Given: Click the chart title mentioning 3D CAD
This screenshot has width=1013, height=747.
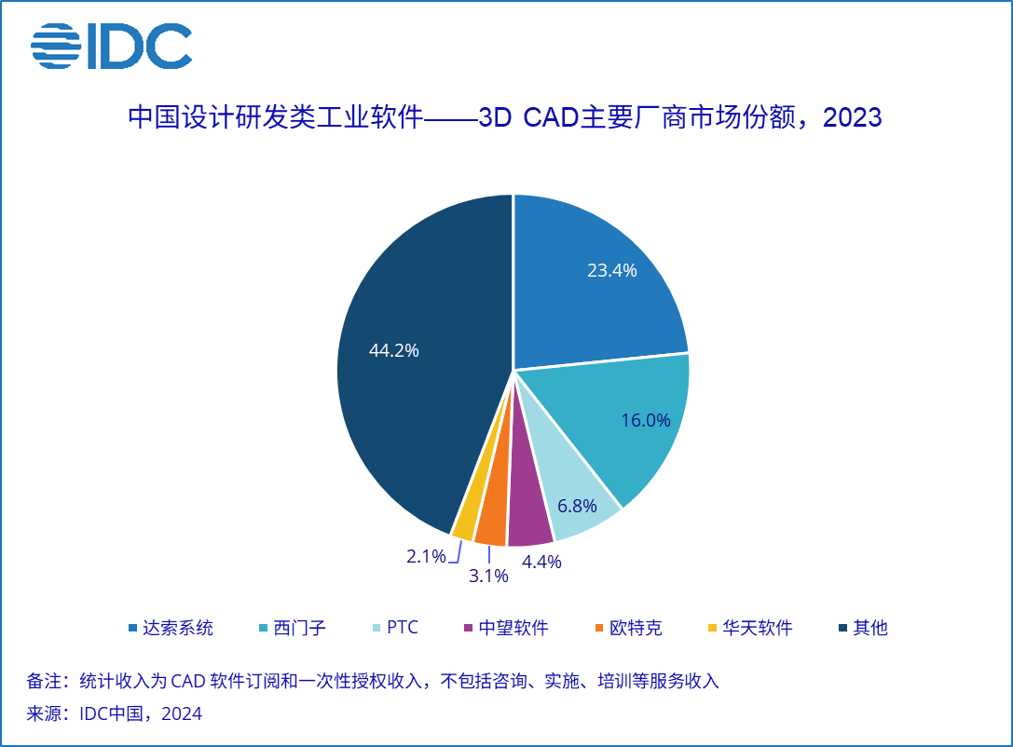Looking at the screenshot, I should pyautogui.click(x=504, y=118).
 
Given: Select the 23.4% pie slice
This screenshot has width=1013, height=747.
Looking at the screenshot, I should pyautogui.click(x=596, y=279).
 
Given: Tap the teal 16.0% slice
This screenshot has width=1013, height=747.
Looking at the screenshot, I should pyautogui.click(x=634, y=419).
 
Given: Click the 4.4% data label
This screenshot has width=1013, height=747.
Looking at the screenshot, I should pyautogui.click(x=541, y=562).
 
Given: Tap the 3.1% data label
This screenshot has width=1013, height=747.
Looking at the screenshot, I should pyautogui.click(x=488, y=576).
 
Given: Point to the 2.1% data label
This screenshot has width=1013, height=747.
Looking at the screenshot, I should pyautogui.click(x=426, y=557).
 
